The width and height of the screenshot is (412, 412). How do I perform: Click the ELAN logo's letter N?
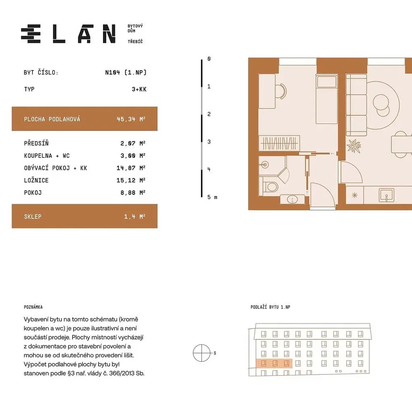click(109, 34)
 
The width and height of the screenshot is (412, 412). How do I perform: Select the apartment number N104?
click(112, 72)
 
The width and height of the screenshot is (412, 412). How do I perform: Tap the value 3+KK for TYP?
click(139, 89)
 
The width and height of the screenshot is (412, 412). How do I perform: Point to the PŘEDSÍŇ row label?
click(36, 143)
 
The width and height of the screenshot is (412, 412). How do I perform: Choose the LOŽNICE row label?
click(36, 180)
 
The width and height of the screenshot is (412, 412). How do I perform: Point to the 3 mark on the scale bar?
click(209, 142)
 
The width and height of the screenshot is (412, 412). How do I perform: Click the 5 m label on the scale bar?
click(212, 197)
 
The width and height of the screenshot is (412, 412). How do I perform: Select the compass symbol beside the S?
click(202, 353)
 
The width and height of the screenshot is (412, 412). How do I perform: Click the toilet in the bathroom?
click(269, 187)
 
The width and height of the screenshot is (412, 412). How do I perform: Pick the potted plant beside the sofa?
click(353, 146)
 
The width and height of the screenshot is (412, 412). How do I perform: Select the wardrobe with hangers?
click(279, 143)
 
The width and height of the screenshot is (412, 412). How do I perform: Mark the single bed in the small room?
click(327, 99)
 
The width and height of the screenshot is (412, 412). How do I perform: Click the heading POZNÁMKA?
click(33, 307)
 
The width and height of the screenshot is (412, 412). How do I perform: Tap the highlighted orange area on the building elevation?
click(274, 363)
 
